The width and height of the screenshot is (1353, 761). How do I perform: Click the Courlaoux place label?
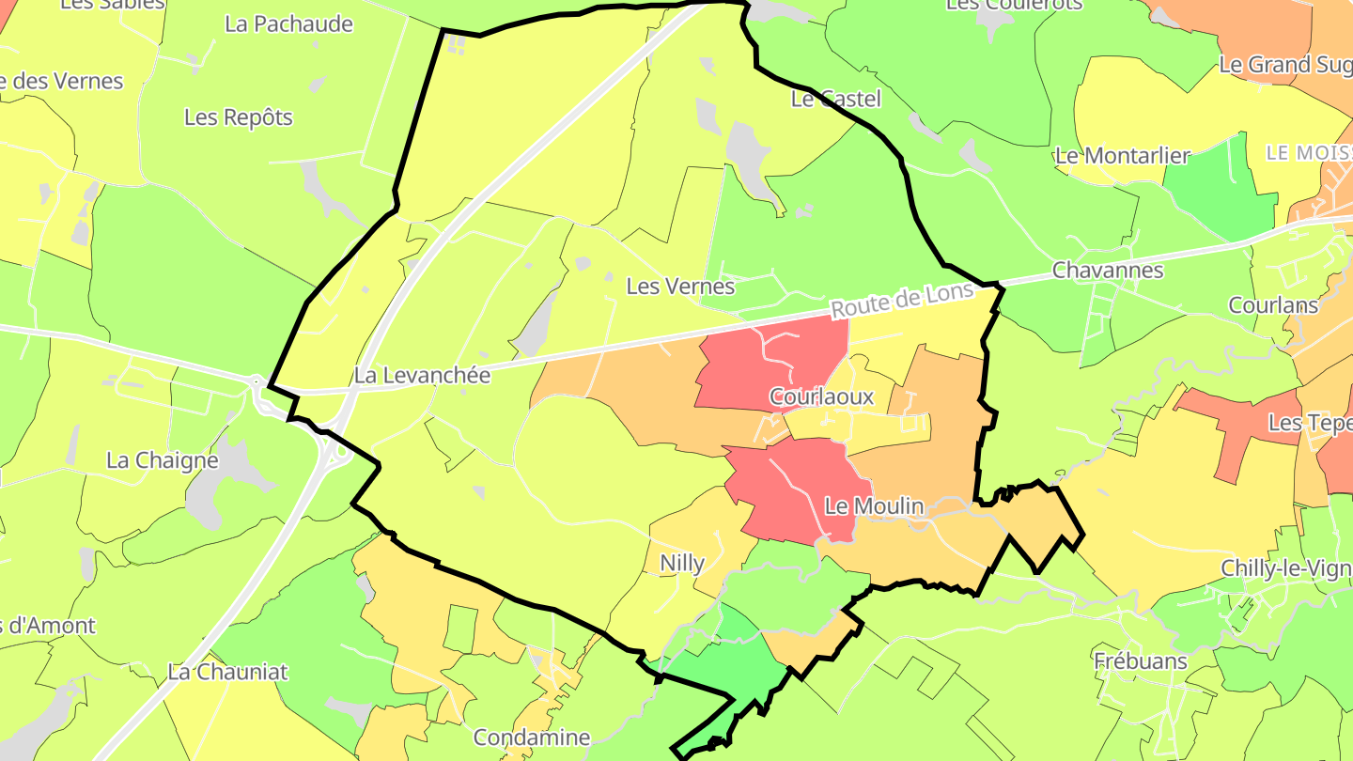coord(821,397)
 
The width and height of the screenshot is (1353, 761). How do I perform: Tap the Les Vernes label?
coord(680,286)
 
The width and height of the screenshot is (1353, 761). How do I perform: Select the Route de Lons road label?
coord(903,302)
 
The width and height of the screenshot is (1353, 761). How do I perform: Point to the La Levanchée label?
coord(422,376)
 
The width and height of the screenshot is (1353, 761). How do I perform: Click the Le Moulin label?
coord(874,506)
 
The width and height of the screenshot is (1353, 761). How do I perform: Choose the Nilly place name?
coord(682,564)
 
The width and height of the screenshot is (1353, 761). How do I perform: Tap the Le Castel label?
coord(836,99)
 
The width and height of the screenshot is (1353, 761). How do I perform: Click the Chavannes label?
coord(1108,271)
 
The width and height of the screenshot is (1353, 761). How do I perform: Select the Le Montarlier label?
coord(1122,156)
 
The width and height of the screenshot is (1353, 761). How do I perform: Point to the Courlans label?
coord(1273,305)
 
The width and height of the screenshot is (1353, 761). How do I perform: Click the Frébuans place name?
coord(1141,661)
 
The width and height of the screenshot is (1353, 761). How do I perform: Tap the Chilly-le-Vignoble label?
coord(1285,568)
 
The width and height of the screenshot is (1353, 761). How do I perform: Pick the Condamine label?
coord(531,738)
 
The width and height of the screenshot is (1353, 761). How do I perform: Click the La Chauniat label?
coord(227,673)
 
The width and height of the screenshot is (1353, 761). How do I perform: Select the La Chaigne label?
coord(162,460)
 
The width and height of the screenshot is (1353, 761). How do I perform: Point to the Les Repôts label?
coord(238,117)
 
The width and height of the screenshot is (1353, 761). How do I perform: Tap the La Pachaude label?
coord(288,24)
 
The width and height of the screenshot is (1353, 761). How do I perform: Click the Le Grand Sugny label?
coord(1285,65)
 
